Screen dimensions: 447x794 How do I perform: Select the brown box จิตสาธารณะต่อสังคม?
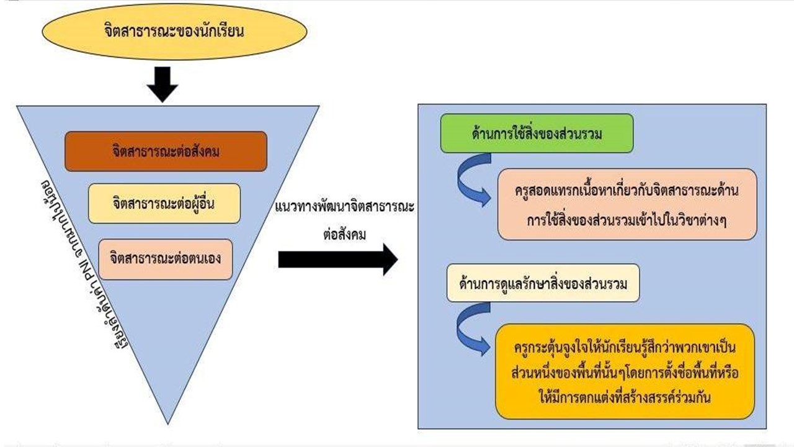(x=166, y=151)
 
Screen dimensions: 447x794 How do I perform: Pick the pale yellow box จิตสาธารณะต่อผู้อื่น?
(x=164, y=203)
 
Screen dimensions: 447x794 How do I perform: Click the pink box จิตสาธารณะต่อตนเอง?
(x=165, y=259)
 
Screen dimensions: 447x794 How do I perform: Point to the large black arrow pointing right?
(x=337, y=259)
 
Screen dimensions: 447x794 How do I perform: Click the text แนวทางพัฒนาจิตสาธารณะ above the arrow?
(x=344, y=207)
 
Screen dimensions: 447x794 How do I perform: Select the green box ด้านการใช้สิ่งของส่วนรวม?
(x=537, y=133)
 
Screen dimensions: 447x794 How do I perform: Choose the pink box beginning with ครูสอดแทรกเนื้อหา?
(x=627, y=204)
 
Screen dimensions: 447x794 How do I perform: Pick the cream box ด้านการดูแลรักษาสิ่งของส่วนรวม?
(x=543, y=284)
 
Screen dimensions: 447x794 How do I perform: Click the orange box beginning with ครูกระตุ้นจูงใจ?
(x=625, y=371)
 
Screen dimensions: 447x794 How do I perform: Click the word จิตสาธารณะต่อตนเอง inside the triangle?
(x=165, y=259)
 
